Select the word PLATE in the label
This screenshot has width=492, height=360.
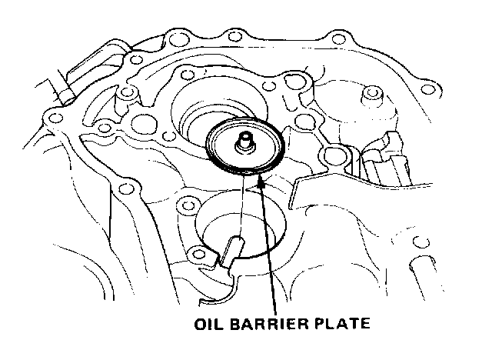click(341, 324)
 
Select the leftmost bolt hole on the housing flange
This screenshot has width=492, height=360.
click(55, 118)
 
